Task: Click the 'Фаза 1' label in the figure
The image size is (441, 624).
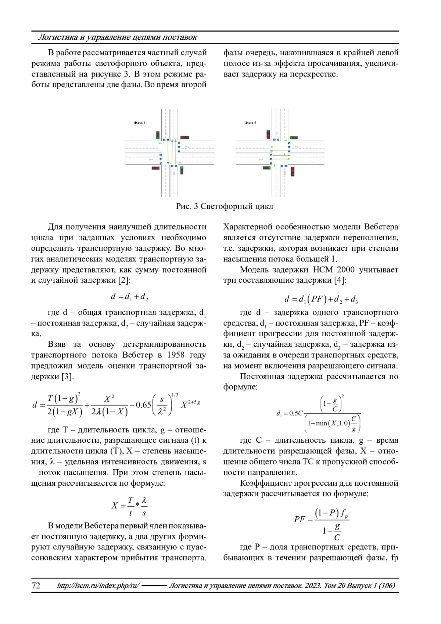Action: click(x=139, y=123)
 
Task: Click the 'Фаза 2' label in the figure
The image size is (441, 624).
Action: click(x=250, y=123)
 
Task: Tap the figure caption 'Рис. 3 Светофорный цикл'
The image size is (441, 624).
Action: click(x=224, y=206)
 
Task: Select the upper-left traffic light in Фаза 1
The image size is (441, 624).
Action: click(x=158, y=135)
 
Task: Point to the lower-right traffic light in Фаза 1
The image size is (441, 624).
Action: click(x=182, y=171)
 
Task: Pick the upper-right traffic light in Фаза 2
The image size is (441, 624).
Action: click(x=294, y=138)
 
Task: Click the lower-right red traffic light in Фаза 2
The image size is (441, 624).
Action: click(x=293, y=171)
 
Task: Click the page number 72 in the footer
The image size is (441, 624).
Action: click(x=36, y=585)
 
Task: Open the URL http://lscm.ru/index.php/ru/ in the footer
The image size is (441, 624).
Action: click(x=98, y=585)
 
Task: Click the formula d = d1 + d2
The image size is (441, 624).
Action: click(x=129, y=296)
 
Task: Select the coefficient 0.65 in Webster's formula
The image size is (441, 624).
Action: click(x=143, y=405)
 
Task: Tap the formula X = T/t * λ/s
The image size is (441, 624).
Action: click(x=129, y=506)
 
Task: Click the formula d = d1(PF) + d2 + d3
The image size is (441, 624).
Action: click(x=321, y=299)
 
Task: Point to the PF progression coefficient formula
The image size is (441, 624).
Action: click(x=321, y=524)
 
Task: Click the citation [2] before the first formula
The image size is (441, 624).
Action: click(x=124, y=280)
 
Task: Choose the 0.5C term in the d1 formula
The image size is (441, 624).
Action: click(x=295, y=413)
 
